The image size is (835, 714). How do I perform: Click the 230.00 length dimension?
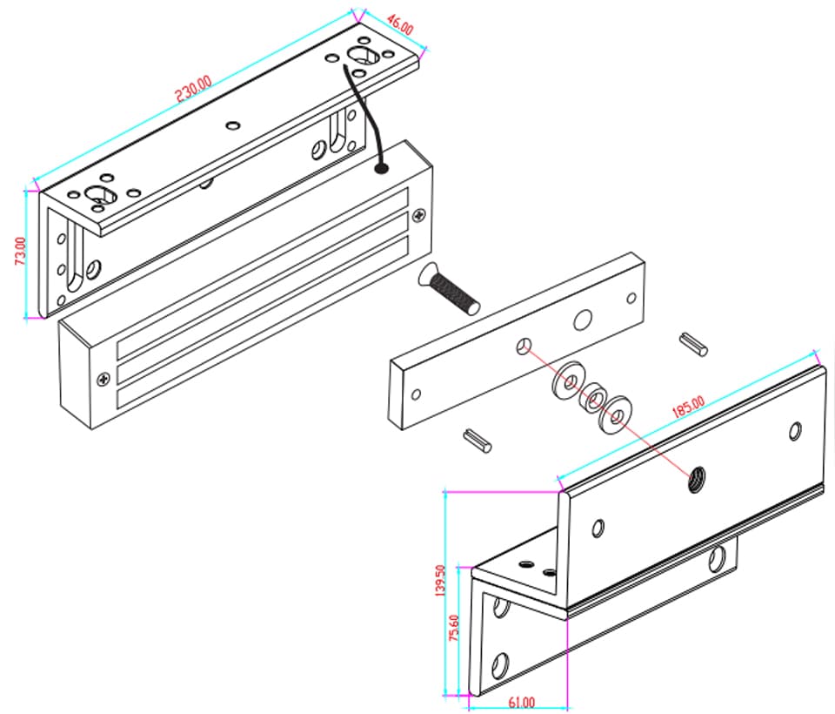[193, 88]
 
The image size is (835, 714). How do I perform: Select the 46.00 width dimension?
[398, 24]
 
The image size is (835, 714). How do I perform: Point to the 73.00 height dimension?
[21, 253]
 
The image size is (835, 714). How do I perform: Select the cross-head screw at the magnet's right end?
[420, 212]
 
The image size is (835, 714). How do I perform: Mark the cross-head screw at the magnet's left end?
[104, 377]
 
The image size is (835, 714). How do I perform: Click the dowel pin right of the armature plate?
[694, 344]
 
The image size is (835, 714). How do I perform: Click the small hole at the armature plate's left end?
[417, 394]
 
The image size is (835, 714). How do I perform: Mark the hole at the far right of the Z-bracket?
[795, 429]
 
